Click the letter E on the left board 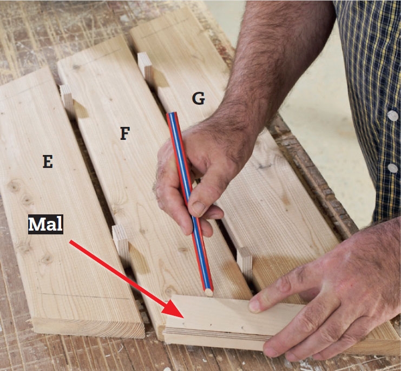coord(48,161)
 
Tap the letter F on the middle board coord(125,133)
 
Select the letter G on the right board coord(199,98)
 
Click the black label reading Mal coord(45,225)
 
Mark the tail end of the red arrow coord(70,241)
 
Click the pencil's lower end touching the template coord(209,292)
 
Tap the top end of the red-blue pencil coord(172,113)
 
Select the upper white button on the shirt coord(392,116)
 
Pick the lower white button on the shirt coord(392,168)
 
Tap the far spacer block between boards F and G coord(145,67)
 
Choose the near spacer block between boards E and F coord(120,242)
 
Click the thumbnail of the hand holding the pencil coord(198,208)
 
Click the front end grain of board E coord(88,329)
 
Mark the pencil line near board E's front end coord(84,296)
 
